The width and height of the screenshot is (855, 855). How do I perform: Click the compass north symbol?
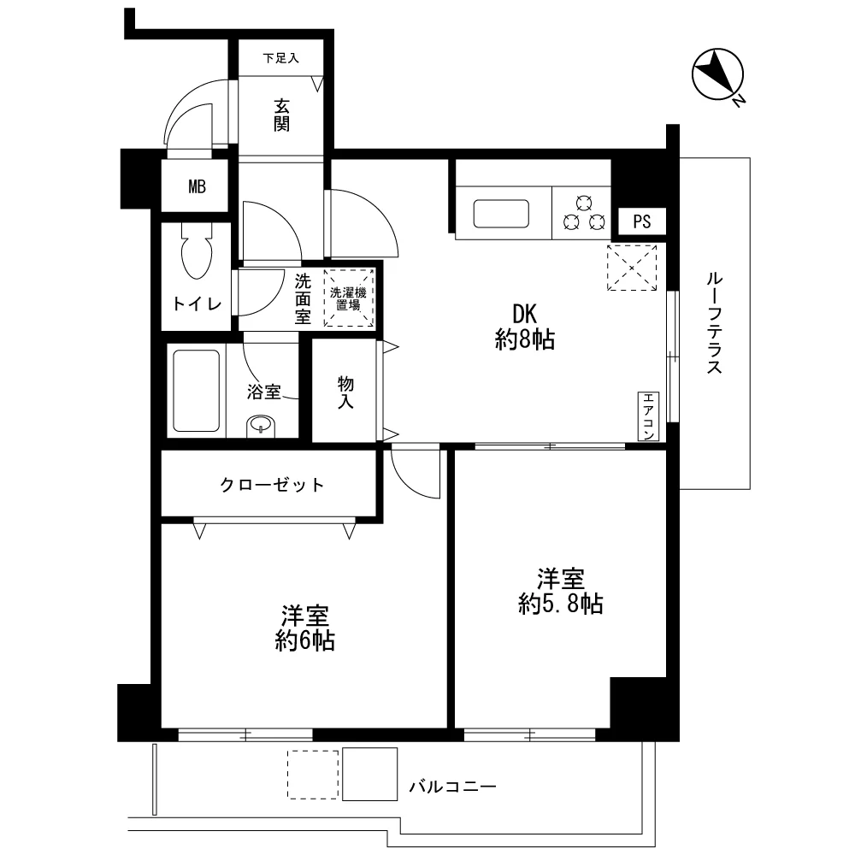[717, 75]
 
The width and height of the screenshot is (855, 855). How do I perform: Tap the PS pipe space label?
[642, 221]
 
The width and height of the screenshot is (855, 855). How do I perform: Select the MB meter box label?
[197, 187]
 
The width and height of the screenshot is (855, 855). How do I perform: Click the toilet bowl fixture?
[197, 252]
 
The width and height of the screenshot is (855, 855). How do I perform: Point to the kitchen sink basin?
[501, 214]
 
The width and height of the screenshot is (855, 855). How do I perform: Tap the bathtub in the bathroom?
[197, 391]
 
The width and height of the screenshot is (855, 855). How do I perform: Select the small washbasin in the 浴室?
[261, 426]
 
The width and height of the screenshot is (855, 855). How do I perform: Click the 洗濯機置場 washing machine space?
[349, 298]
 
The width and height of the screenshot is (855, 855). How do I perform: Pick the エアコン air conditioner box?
[648, 416]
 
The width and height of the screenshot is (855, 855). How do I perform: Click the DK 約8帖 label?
[525, 327]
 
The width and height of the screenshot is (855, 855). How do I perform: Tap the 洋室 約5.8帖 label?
[561, 591]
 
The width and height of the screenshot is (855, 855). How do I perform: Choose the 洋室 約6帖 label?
[305, 628]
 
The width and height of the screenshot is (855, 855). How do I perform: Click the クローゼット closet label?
[272, 485]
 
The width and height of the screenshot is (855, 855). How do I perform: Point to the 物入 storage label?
[345, 392]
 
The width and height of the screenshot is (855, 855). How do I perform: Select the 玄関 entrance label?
[281, 115]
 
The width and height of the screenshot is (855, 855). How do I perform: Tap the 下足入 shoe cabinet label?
[280, 58]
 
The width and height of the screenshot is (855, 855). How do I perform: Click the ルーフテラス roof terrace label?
[714, 323]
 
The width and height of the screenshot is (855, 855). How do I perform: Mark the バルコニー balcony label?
[453, 787]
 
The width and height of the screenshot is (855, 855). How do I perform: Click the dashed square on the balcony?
[313, 775]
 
